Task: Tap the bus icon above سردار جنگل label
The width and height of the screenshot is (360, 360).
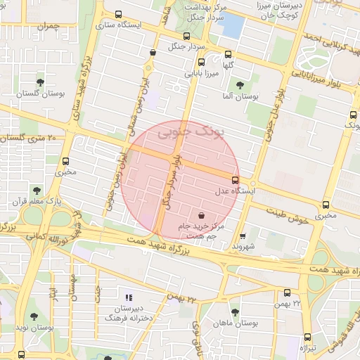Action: [x=186, y=36]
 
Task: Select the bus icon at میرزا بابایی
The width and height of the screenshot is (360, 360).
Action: [x=227, y=54]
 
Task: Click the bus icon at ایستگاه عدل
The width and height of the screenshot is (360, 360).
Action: [x=235, y=180]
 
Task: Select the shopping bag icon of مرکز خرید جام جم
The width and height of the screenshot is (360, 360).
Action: [x=202, y=215]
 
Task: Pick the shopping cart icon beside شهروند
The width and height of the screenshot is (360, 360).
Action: [x=243, y=236]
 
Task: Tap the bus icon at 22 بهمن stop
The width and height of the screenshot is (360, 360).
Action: [x=287, y=293]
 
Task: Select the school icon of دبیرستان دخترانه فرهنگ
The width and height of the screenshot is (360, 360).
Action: [x=128, y=298]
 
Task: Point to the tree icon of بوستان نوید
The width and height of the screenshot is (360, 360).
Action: [x=33, y=317]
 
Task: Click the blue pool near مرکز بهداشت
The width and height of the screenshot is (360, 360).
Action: [x=231, y=25]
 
